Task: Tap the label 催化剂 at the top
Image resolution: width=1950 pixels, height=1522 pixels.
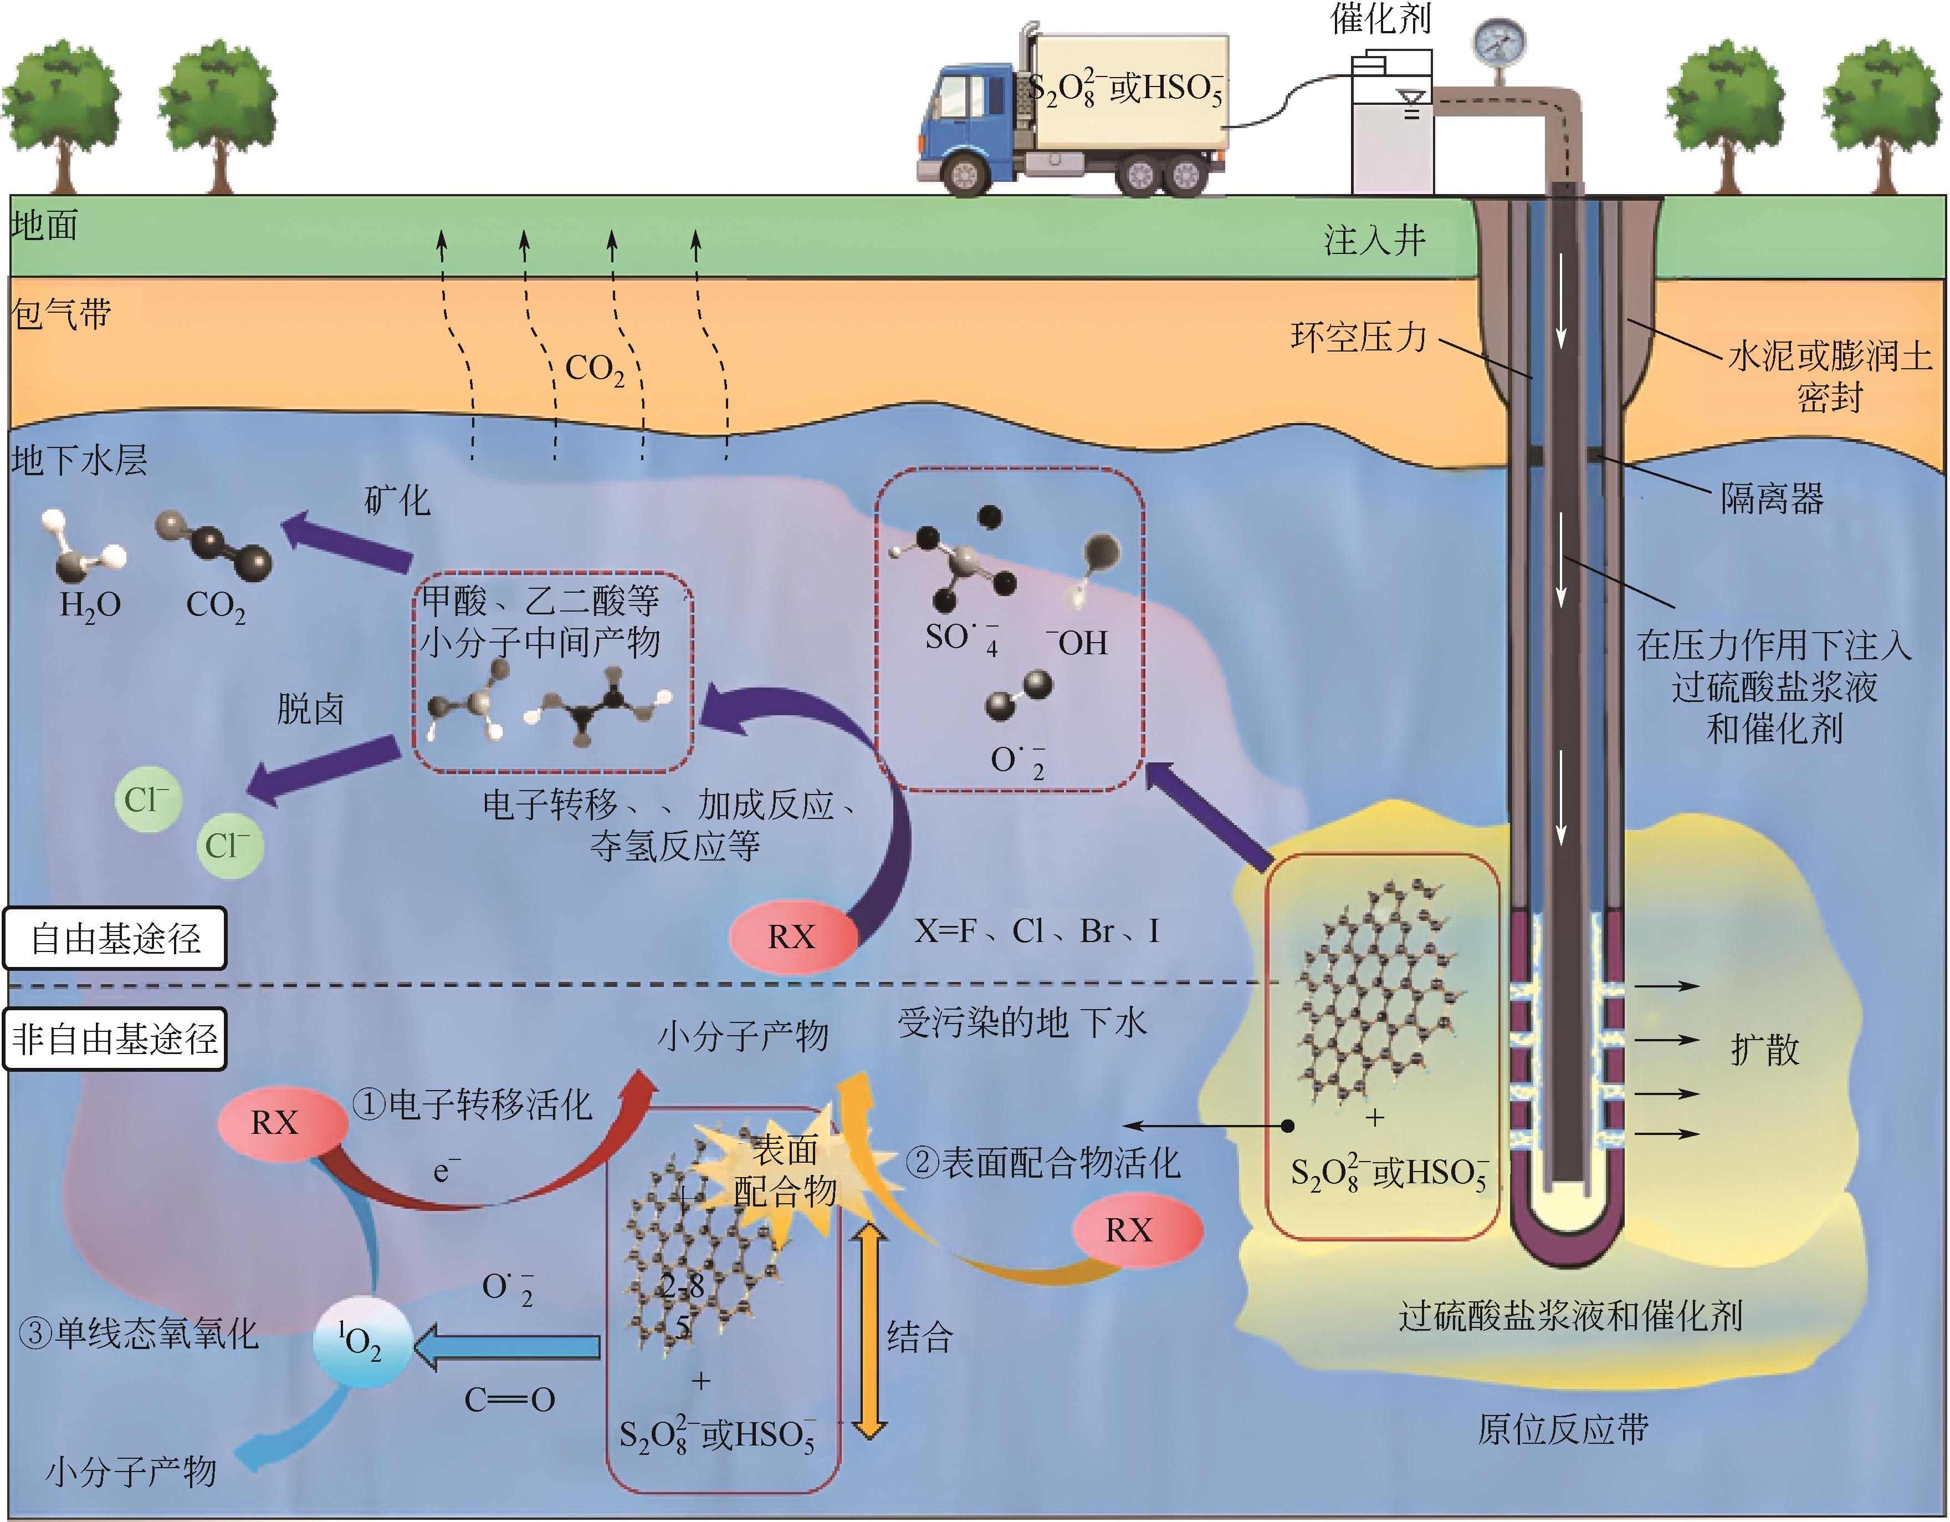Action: point(1380,18)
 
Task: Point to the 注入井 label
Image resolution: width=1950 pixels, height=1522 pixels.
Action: point(1374,240)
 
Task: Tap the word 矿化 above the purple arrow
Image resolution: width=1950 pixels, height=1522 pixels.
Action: point(397,500)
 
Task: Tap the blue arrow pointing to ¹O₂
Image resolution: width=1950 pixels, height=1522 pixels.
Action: point(509,1347)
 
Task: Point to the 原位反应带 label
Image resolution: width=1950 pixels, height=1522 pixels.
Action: point(1563,1429)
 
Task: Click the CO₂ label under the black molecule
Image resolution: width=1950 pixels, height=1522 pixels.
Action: point(215,607)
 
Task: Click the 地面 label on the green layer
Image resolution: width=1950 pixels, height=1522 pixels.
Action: point(45,225)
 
